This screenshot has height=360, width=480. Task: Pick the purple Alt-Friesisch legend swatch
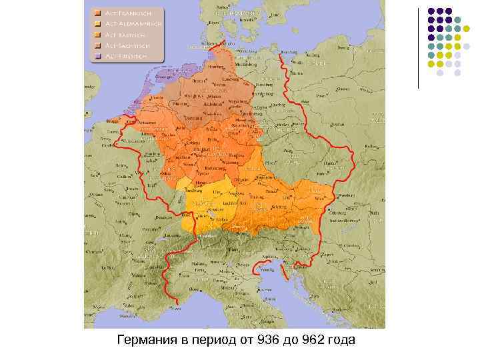click(x=97, y=56)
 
